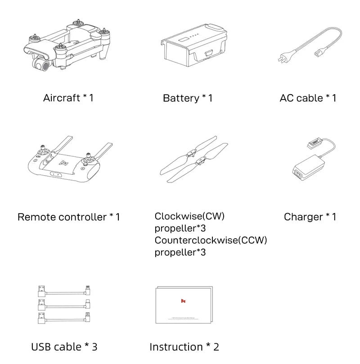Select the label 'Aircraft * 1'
point(68,98)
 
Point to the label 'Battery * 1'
point(188,98)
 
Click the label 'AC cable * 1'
point(308,98)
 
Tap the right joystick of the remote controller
point(90,158)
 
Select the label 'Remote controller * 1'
point(69,217)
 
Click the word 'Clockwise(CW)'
point(189,216)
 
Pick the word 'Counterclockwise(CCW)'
point(211,240)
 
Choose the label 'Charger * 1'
point(310,217)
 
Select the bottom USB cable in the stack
point(63,320)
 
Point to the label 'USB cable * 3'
point(64,347)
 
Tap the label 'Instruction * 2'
point(184,347)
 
